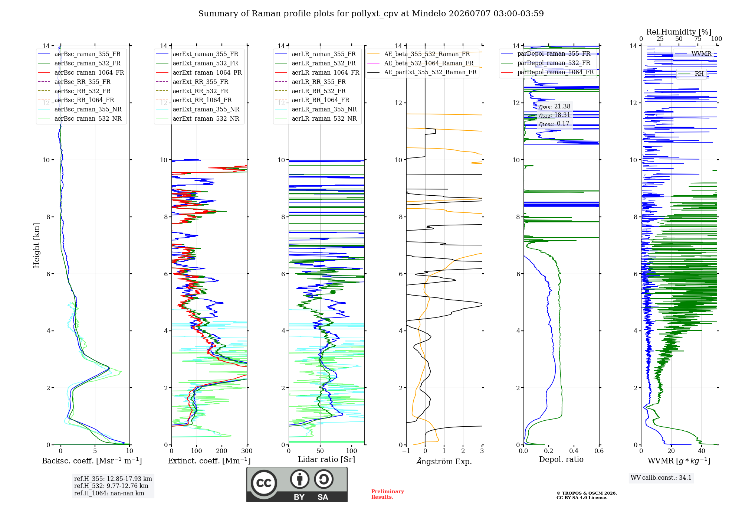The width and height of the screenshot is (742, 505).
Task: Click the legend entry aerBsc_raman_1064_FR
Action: tap(81, 73)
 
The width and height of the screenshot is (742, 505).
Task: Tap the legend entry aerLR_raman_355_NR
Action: tap(316, 110)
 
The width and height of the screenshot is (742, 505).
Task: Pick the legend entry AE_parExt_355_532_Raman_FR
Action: tap(422, 72)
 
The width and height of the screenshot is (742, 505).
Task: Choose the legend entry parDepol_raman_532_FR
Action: tap(545, 63)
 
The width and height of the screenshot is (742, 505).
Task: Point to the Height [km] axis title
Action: tap(36, 245)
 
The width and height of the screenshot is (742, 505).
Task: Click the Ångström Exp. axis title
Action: tap(444, 461)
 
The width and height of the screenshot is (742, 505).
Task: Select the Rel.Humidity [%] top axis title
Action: tap(679, 32)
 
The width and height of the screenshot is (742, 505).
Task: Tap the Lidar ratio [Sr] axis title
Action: tap(326, 460)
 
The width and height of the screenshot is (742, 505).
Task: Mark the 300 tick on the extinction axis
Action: tap(247, 451)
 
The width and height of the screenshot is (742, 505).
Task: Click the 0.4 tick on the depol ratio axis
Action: tap(574, 451)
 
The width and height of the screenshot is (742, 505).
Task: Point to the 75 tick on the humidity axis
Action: tap(698, 39)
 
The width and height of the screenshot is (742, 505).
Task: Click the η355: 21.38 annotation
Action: tap(555, 107)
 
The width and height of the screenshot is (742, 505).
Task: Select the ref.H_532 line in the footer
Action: tap(111, 486)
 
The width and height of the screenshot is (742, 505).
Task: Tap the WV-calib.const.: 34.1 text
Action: tap(661, 478)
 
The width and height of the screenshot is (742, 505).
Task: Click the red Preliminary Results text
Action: tap(388, 494)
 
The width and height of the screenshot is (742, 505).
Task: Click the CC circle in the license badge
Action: tap(264, 483)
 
